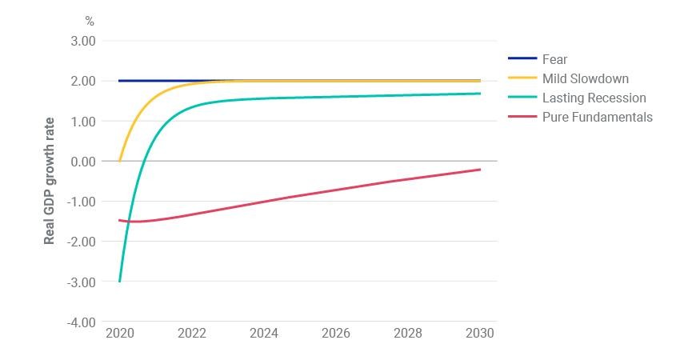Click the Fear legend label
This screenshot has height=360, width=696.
[554, 59]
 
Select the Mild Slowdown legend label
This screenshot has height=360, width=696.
[586, 78]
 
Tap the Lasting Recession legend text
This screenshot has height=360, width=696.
[594, 98]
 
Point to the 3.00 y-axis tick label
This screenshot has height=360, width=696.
[83, 41]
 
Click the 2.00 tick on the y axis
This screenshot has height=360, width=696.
[83, 82]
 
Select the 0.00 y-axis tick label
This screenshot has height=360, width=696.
[83, 162]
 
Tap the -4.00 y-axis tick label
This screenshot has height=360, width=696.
[82, 322]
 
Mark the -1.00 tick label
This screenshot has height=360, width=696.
[82, 202]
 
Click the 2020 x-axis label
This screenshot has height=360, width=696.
[120, 334]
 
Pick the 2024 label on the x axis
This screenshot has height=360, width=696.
[264, 334]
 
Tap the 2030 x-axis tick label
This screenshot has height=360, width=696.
[480, 334]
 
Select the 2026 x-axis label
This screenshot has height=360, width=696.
[336, 334]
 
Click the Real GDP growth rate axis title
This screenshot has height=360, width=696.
[49, 181]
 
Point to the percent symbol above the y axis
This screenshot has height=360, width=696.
[90, 21]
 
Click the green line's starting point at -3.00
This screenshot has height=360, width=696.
[119, 282]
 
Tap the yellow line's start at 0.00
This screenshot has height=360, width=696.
[119, 161]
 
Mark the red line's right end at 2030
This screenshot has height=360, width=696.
[480, 169]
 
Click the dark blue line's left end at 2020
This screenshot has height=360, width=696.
[119, 81]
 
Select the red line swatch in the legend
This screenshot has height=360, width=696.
[522, 116]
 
